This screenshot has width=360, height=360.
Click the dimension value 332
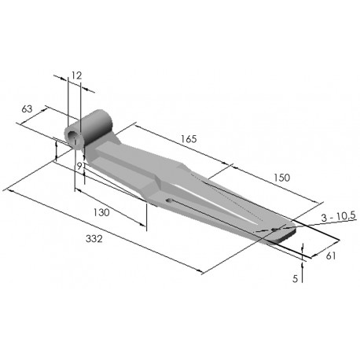94,239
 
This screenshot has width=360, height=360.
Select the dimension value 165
189,139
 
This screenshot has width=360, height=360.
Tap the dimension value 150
282,178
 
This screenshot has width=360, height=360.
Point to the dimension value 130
101,212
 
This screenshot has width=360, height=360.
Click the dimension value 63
27,108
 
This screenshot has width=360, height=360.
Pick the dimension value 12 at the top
76,75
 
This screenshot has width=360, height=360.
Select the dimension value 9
79,166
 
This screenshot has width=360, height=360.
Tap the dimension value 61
331,255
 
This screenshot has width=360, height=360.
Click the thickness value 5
296,278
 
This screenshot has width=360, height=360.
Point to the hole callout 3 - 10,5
338,217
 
